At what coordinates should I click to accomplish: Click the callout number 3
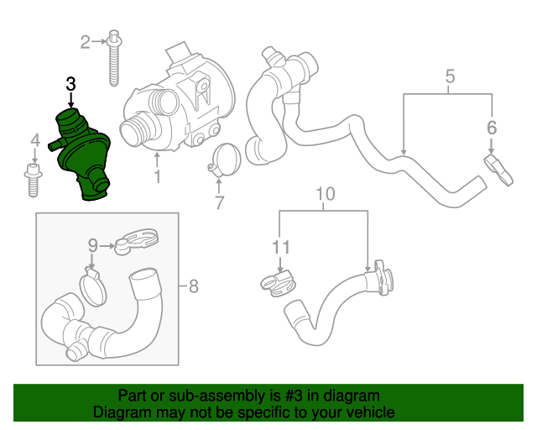(70, 83)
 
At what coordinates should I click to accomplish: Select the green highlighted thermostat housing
(83, 159)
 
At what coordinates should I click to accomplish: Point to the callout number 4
(34, 139)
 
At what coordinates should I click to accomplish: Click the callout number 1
(157, 177)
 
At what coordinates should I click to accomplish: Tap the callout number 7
(219, 202)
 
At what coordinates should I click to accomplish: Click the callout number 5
(450, 78)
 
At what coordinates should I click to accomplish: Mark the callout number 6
(492, 128)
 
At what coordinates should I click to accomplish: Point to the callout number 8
(193, 287)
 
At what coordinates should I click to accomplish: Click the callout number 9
(94, 245)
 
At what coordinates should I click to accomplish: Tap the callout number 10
(325, 195)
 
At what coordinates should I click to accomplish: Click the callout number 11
(280, 247)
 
